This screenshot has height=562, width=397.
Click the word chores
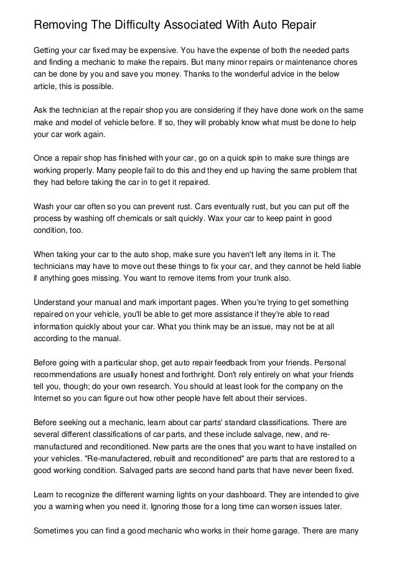[351, 62]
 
